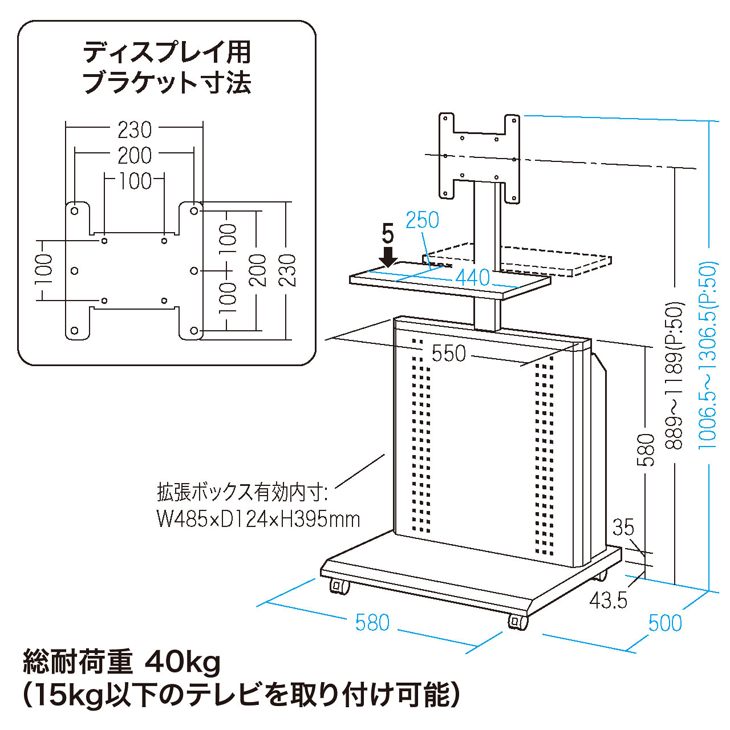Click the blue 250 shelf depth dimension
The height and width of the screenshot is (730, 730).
422,220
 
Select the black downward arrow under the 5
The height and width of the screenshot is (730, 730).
388,255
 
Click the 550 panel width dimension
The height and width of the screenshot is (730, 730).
449,354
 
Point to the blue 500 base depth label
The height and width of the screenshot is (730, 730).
665,623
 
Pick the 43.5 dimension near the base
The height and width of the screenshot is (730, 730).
608,600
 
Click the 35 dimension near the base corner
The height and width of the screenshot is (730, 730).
623,528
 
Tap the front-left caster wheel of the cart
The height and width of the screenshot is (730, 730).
339,586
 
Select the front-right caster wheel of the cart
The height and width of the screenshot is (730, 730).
518,622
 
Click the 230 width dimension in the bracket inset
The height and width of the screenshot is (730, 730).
135,130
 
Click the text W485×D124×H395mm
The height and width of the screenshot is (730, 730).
258,519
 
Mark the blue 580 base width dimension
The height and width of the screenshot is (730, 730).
372,622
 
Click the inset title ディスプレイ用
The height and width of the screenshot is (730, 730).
167,52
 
